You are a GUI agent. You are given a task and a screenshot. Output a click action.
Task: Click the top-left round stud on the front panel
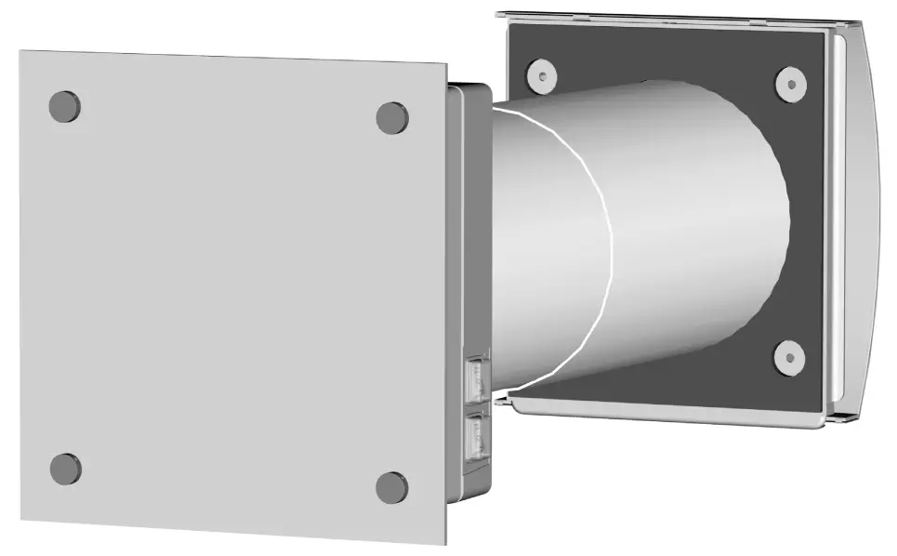pyautogui.click(x=64, y=106)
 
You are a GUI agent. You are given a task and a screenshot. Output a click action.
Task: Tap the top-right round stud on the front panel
pyautogui.click(x=392, y=117)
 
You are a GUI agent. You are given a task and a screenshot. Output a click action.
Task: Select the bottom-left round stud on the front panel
pyautogui.click(x=65, y=469)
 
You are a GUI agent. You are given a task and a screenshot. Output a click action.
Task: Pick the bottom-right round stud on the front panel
pyautogui.click(x=391, y=487)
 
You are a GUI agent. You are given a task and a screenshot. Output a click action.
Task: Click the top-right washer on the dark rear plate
pyautogui.click(x=790, y=85)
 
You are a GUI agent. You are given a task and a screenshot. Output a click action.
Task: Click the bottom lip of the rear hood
pyautogui.click(x=669, y=414)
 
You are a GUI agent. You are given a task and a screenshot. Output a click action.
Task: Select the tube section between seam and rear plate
pyautogui.click(x=697, y=232)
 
